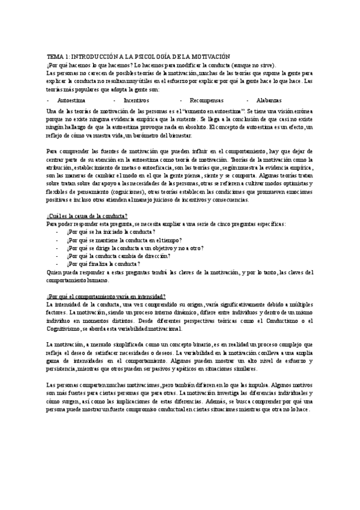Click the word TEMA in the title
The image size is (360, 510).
53,55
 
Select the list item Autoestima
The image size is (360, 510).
71,99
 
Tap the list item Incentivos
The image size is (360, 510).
137,99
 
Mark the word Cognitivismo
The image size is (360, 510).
64,328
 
